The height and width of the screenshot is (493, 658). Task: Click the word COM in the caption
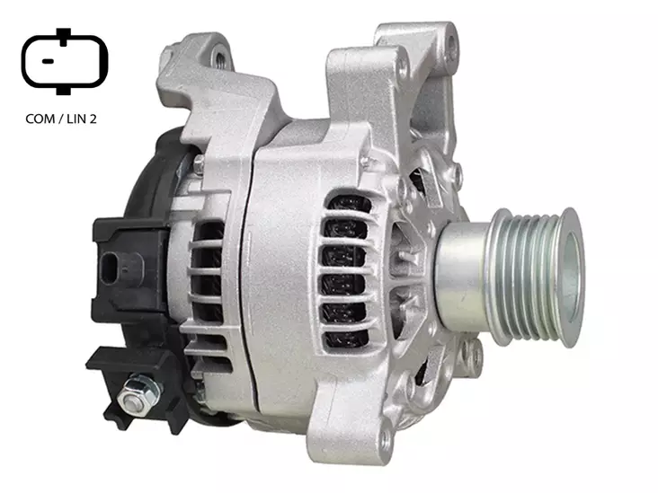click(40, 119)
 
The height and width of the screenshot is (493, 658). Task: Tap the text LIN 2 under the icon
click(82, 119)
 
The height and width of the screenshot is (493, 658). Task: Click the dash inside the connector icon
click(48, 61)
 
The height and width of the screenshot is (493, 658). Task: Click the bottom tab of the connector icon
click(63, 89)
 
